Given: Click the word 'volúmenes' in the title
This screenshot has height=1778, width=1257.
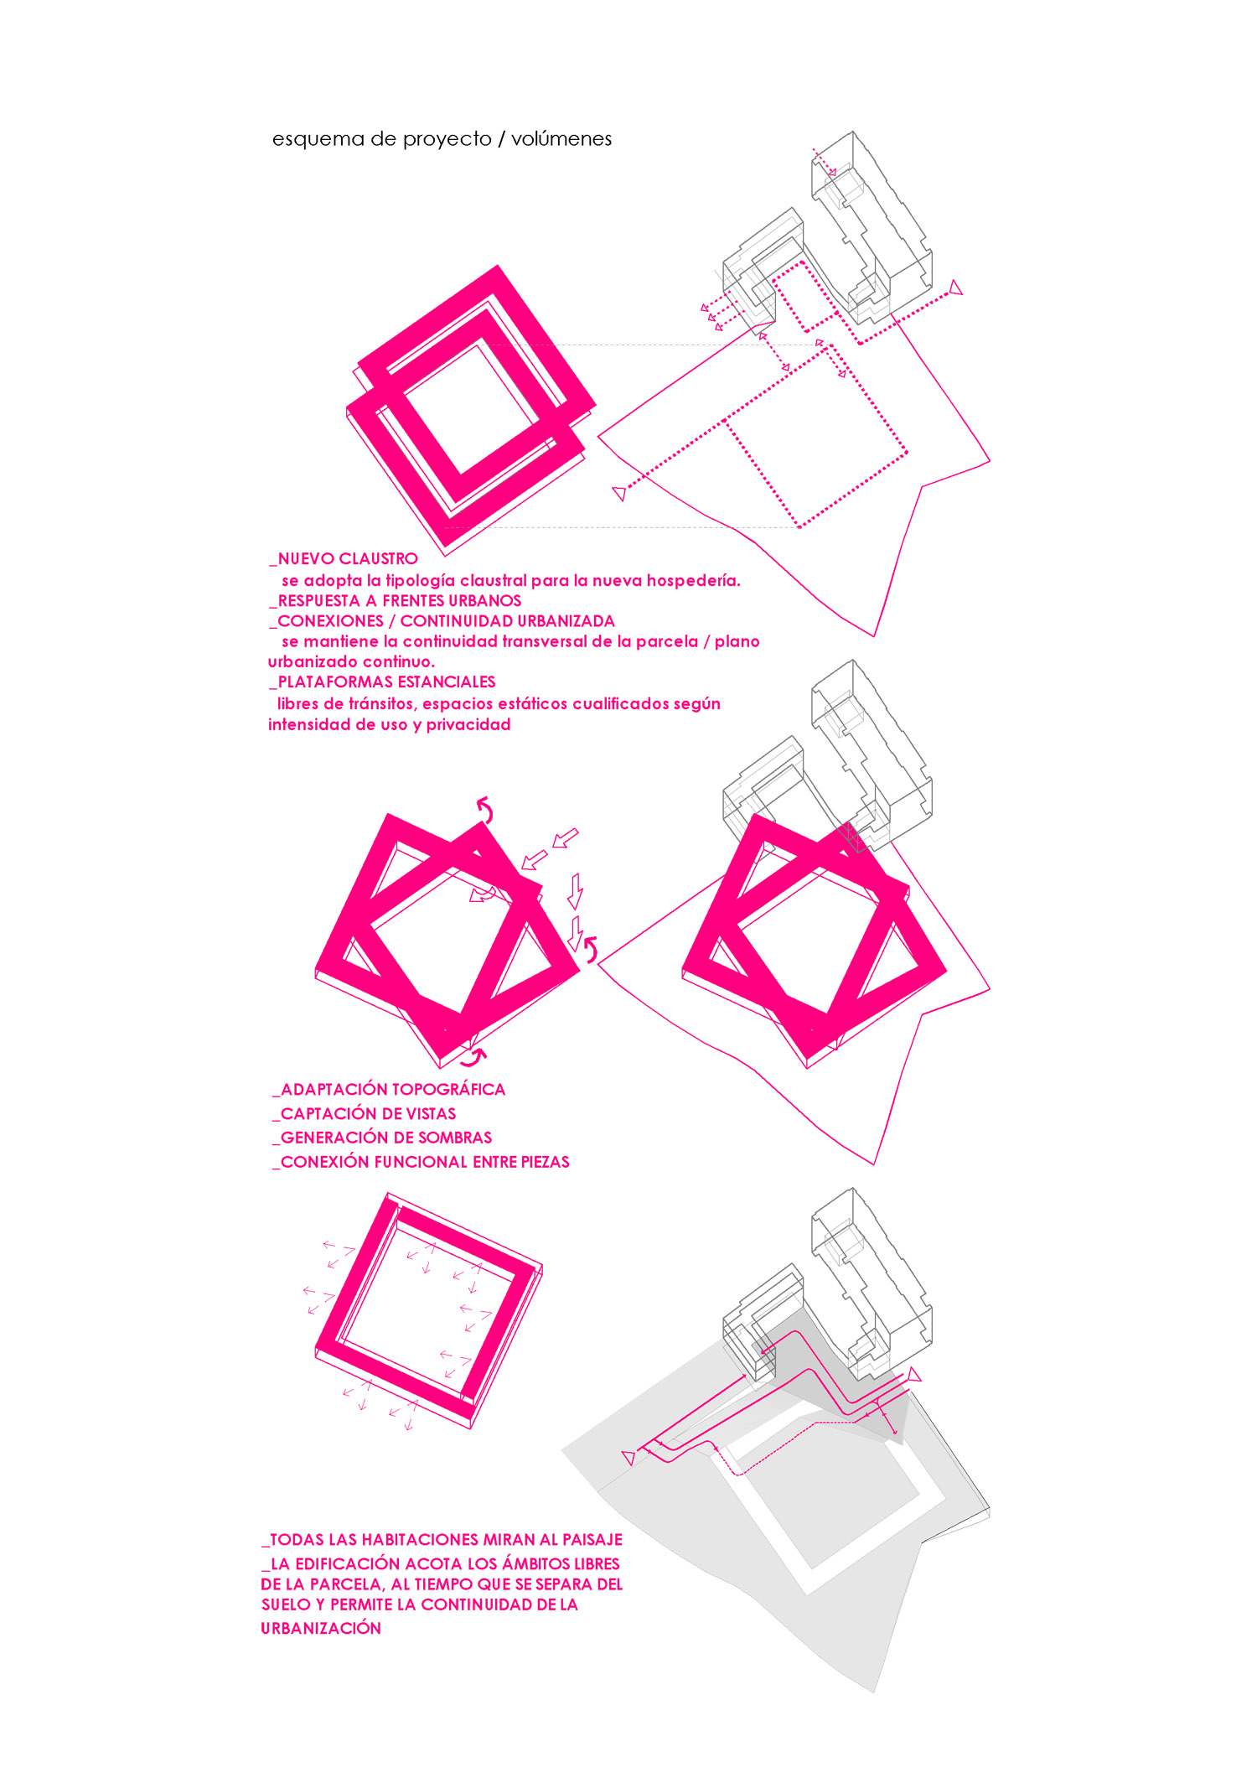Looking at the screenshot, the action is coord(561,138).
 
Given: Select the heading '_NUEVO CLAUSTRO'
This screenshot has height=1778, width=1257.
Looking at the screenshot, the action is coord(344,559).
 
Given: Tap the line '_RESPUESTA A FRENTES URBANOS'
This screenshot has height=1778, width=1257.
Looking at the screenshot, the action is coord(396,601).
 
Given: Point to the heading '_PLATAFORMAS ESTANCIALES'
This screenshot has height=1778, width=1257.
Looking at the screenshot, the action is coord(382,682).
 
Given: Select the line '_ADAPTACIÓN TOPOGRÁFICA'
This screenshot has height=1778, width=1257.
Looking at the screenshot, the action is coord(389,1090).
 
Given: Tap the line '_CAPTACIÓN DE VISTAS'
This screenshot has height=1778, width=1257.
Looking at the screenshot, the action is coord(365,1114).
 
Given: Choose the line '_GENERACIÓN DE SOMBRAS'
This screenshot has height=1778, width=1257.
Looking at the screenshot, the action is coord(382,1138).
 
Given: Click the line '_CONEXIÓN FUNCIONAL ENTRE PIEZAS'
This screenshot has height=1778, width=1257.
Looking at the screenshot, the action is coord(421,1162).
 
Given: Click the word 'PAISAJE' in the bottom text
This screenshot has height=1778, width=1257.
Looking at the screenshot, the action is coord(592,1540).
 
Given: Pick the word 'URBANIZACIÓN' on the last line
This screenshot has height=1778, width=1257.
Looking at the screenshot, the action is coord(321,1629).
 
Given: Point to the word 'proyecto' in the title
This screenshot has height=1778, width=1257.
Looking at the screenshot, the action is coord(447,139).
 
